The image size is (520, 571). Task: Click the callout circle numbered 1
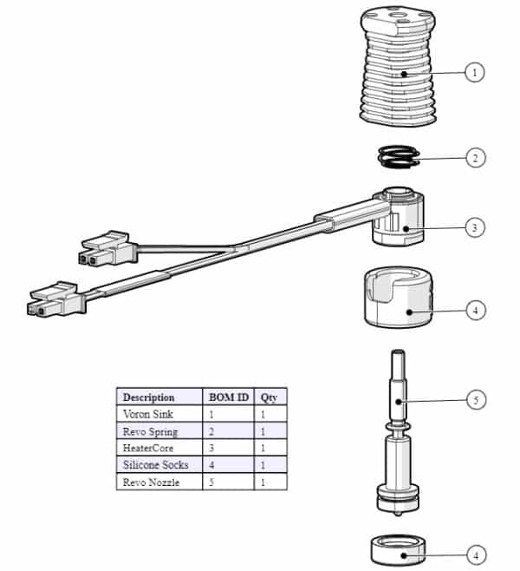[475, 73]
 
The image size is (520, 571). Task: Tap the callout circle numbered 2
[475, 158]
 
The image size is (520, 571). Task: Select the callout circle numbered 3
[475, 227]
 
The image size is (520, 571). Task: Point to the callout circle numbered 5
[476, 400]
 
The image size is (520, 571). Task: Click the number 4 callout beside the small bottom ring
[476, 555]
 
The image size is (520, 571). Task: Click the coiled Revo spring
[399, 157]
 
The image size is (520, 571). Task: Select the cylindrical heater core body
[399, 216]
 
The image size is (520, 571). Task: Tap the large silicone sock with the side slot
[399, 297]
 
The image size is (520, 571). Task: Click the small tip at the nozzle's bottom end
[399, 514]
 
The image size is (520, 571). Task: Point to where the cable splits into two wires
[233, 247]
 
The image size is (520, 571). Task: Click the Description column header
[149, 397]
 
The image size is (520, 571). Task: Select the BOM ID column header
[229, 397]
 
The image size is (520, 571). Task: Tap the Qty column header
[269, 397]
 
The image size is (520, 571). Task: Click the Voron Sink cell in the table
[148, 414]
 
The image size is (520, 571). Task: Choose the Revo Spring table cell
[150, 432]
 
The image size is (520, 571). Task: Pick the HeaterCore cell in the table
[148, 448]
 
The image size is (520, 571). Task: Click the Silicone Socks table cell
[156, 465]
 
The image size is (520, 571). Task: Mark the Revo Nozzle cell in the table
[151, 482]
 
